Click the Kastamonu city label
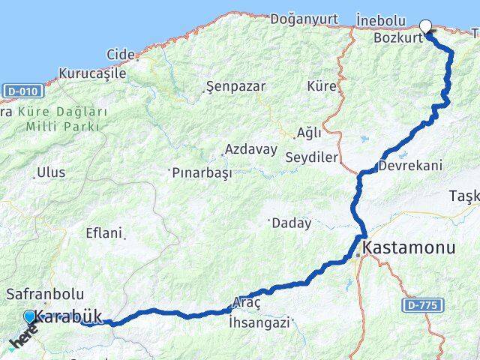point(409,247)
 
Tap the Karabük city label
point(69,317)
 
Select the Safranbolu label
point(45,295)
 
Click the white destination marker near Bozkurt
point(426,27)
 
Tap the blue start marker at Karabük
point(29,318)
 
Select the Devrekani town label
point(411,166)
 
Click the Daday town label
point(292,223)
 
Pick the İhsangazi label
point(259,323)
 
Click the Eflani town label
point(103,233)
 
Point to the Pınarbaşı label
point(202,172)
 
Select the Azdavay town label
point(250,148)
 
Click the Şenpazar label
point(235,86)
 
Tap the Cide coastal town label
point(121,54)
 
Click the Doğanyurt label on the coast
point(304,18)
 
